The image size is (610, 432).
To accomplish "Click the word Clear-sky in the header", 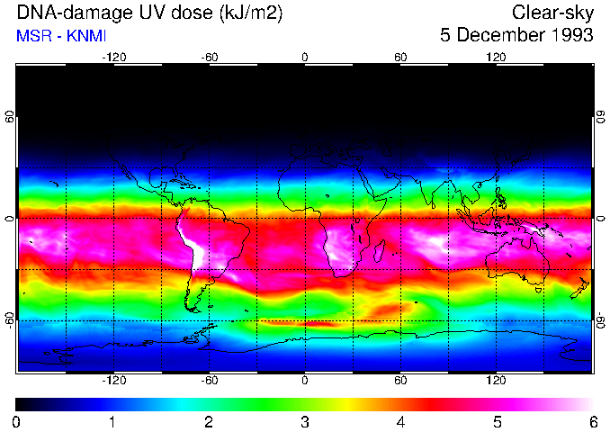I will tap(552, 13).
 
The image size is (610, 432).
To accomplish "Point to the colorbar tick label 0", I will tap(16, 421).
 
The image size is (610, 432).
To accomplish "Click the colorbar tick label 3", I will tap(304, 421).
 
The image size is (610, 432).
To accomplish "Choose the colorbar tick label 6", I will tap(592, 421).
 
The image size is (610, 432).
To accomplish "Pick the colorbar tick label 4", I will tap(400, 421).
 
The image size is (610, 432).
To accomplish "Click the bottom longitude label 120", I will tap(496, 381).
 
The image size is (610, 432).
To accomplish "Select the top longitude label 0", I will tap(304, 57).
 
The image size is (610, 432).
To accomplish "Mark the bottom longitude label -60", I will tap(209, 381).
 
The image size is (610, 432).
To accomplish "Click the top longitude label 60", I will tap(400, 57).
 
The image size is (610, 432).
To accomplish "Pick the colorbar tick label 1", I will tap(112, 421).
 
